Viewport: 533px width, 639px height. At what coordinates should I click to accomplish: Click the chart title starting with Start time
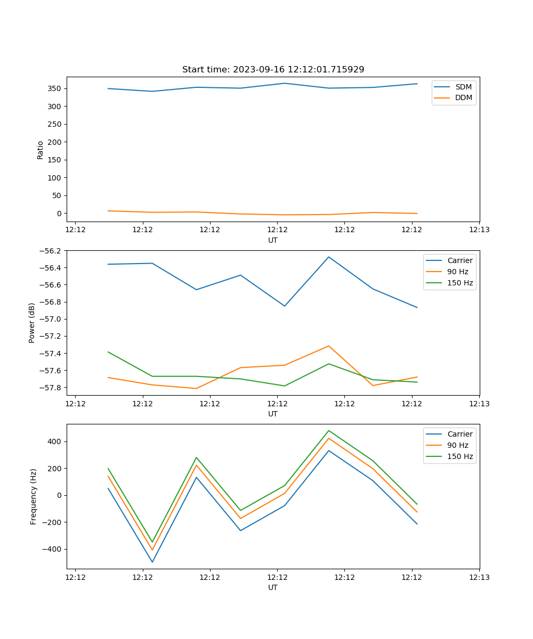pyautogui.click(x=273, y=70)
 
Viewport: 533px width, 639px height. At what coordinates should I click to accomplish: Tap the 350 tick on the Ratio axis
pyautogui.click(x=55, y=88)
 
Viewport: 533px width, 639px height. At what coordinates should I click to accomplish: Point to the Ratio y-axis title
pyautogui.click(x=41, y=150)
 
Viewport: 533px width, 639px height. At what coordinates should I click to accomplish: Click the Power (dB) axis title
pyautogui.click(x=32, y=323)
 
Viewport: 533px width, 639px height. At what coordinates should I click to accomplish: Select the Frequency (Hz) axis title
pyautogui.click(x=34, y=496)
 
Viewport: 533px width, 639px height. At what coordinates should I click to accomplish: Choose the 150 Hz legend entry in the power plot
pyautogui.click(x=459, y=283)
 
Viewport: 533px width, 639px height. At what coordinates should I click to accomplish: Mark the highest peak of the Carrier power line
pyautogui.click(x=329, y=257)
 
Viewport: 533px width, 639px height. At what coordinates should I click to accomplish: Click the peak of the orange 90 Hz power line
pyautogui.click(x=329, y=346)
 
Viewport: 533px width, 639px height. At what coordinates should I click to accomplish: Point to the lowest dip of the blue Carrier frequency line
pyautogui.click(x=152, y=562)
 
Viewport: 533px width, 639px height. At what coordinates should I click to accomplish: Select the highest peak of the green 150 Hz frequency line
pyautogui.click(x=329, y=430)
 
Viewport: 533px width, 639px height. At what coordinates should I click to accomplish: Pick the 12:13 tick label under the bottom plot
pyautogui.click(x=479, y=577)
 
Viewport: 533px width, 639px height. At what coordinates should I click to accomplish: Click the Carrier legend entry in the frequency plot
pyautogui.click(x=459, y=434)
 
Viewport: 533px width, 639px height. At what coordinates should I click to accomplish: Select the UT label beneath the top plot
pyautogui.click(x=273, y=240)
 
